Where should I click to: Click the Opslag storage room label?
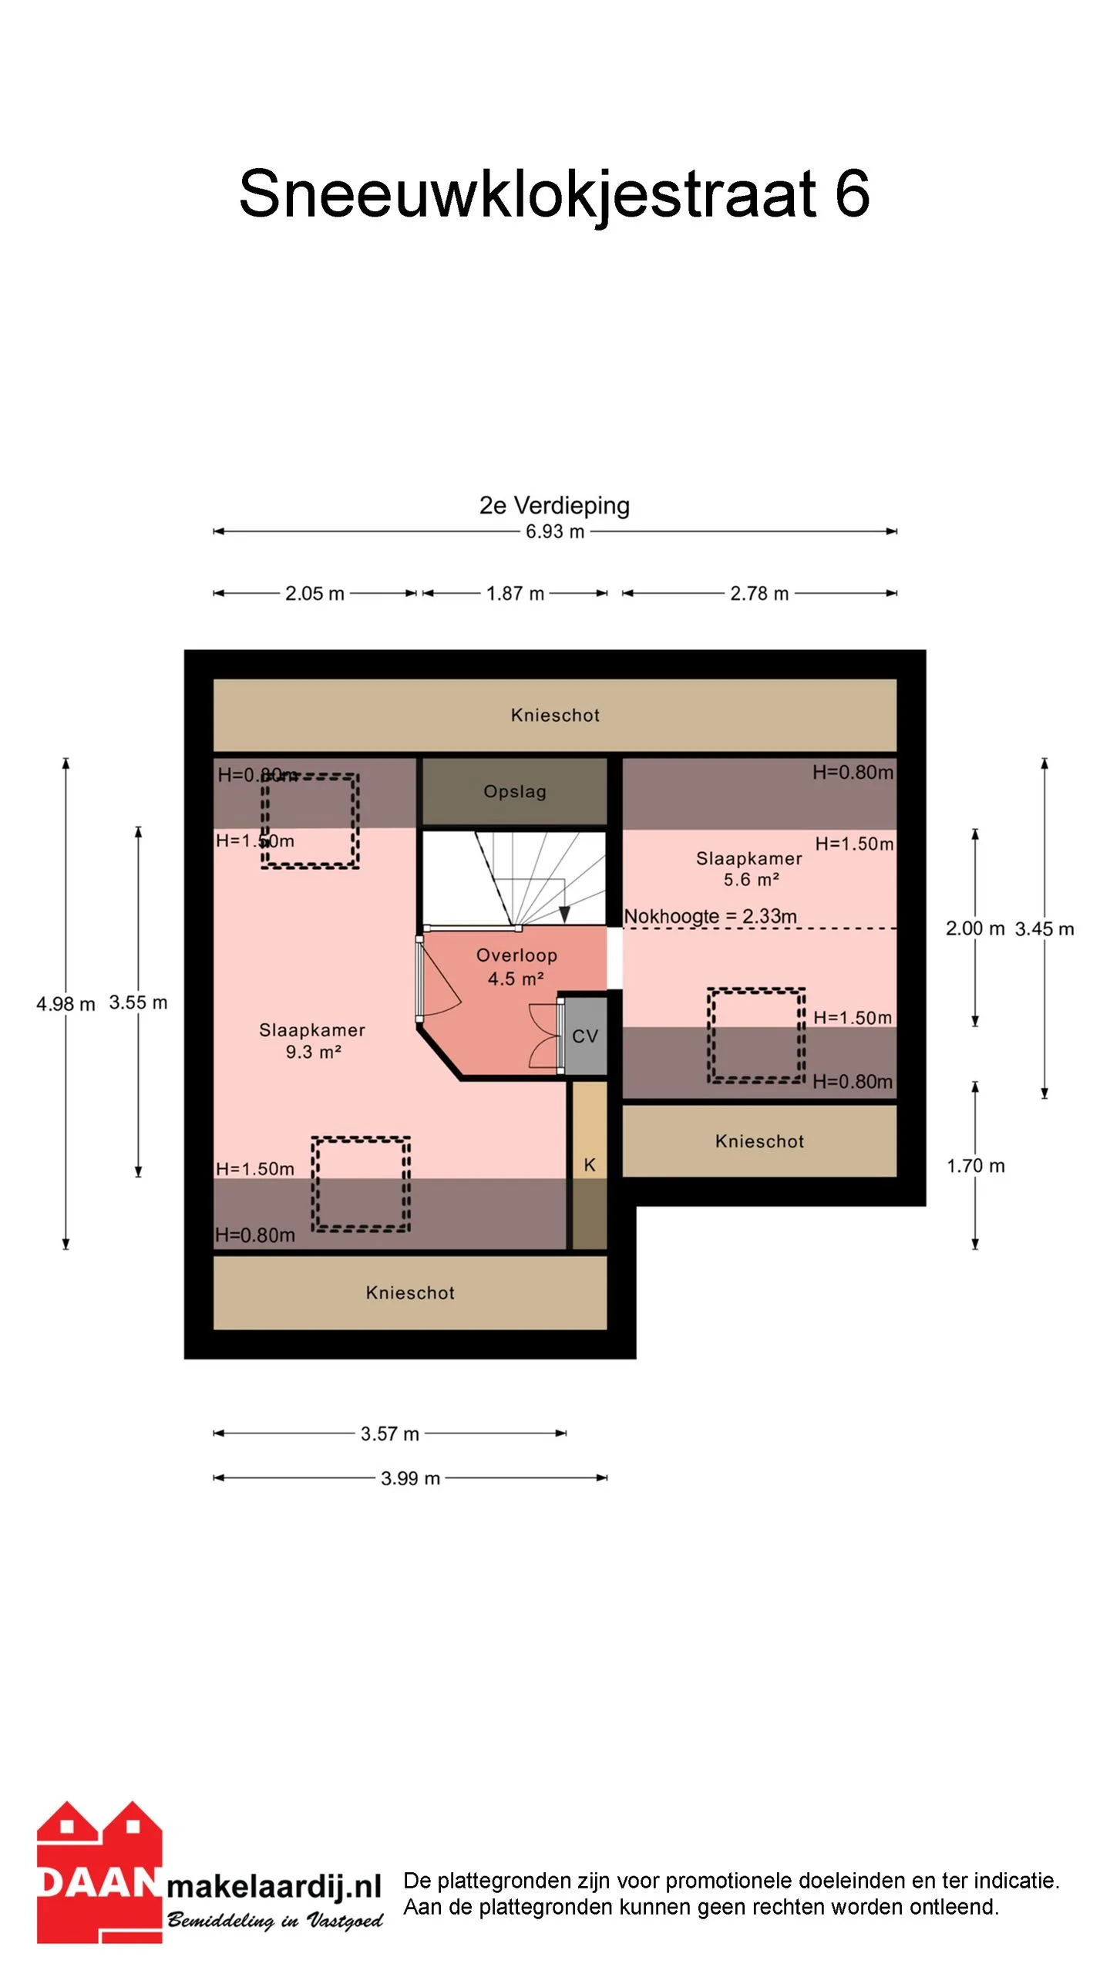tap(515, 792)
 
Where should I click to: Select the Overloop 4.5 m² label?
tap(516, 967)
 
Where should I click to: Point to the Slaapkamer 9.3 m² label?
tap(312, 1041)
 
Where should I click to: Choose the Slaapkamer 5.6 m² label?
tap(749, 869)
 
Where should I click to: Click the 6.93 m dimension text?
tap(555, 531)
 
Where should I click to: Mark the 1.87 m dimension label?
tap(515, 594)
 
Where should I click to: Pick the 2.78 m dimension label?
tap(759, 594)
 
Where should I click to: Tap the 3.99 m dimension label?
tap(410, 1478)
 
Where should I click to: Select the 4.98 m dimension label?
tap(66, 1004)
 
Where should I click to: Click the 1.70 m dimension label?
tap(976, 1166)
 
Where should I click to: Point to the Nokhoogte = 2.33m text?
tap(710, 916)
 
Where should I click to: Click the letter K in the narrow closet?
tap(590, 1165)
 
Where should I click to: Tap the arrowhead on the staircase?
tap(564, 915)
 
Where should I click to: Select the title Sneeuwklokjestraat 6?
tap(554, 194)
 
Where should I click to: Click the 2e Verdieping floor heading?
tap(554, 505)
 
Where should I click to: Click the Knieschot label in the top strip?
tap(555, 715)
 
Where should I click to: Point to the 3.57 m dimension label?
tap(390, 1433)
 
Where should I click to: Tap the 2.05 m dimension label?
tap(314, 594)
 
